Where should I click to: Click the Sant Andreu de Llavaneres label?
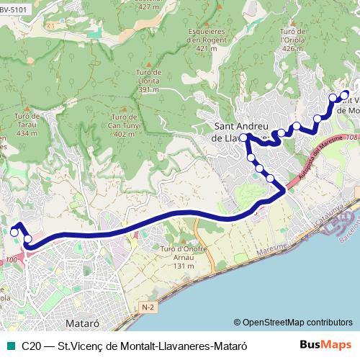coord(241,128)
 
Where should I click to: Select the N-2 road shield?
coord(148,307)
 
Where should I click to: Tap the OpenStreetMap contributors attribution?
coord(293,322)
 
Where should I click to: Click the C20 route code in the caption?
coord(31,346)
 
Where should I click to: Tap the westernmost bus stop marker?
coord(14,232)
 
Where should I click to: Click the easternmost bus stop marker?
coord(345,94)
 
